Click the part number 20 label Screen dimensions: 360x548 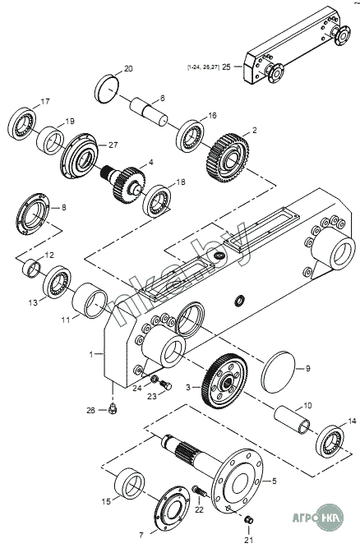click(x=128, y=68)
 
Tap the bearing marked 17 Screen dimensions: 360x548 click(x=21, y=124)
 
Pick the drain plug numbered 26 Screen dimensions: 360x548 click(x=113, y=408)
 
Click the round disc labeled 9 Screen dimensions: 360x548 click(x=279, y=372)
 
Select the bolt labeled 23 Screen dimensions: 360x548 click(x=166, y=385)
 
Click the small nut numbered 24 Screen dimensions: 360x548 click(x=154, y=379)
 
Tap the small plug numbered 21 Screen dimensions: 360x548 click(x=248, y=519)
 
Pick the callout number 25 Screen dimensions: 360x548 click(x=226, y=67)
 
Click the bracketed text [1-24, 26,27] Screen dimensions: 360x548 click(x=203, y=67)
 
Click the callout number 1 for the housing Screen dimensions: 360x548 click(x=91, y=355)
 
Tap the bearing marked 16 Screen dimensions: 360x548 click(x=190, y=136)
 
